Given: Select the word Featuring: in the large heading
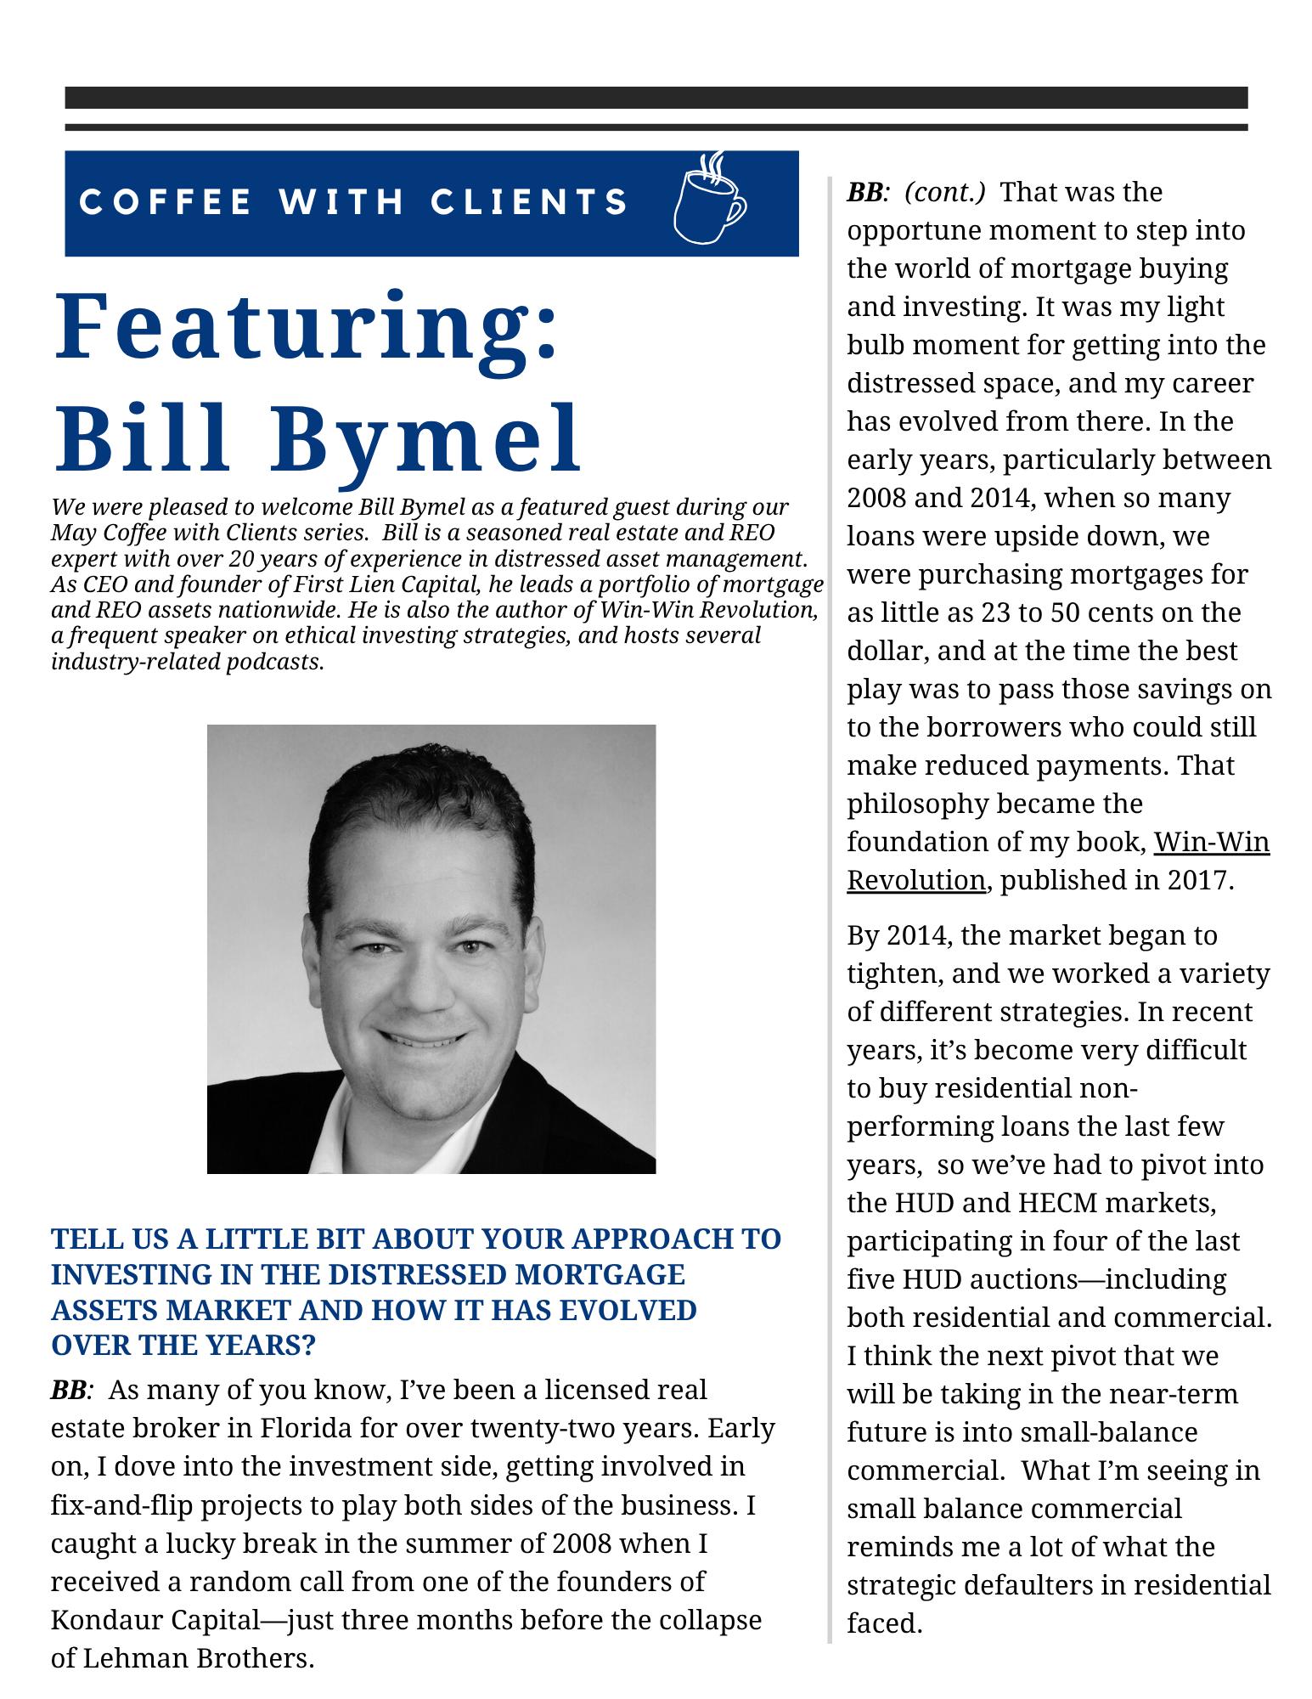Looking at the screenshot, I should (306, 327).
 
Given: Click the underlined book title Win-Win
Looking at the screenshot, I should (1211, 842).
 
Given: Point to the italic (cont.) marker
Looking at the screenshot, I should (944, 192).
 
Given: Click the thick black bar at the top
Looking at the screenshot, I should (656, 98).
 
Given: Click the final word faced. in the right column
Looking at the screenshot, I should (884, 1623).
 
